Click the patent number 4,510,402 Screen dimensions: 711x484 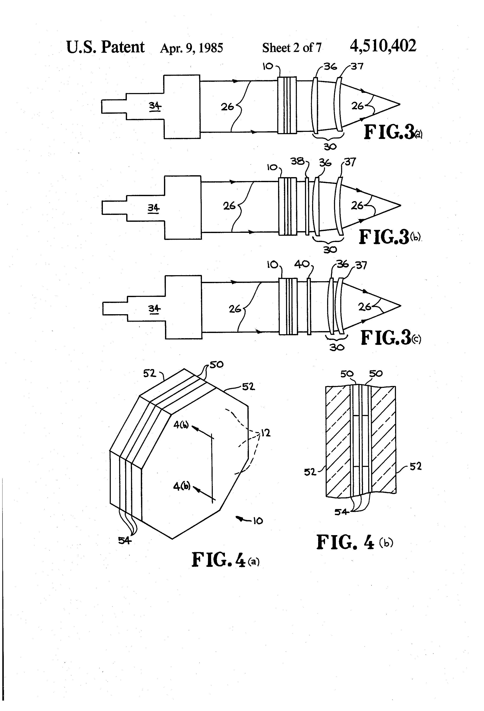[383, 46]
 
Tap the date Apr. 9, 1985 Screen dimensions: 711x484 [192, 48]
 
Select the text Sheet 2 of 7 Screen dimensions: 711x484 [292, 48]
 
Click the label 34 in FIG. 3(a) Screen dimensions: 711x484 [155, 106]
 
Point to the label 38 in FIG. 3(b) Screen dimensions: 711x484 [297, 161]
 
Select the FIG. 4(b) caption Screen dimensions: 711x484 [354, 542]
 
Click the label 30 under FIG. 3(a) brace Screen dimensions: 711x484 [330, 147]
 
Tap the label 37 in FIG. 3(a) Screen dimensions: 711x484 [357, 66]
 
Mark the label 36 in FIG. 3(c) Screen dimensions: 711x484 [342, 264]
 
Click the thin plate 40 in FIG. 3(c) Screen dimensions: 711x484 [309, 306]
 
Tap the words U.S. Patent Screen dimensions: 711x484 [105, 47]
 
